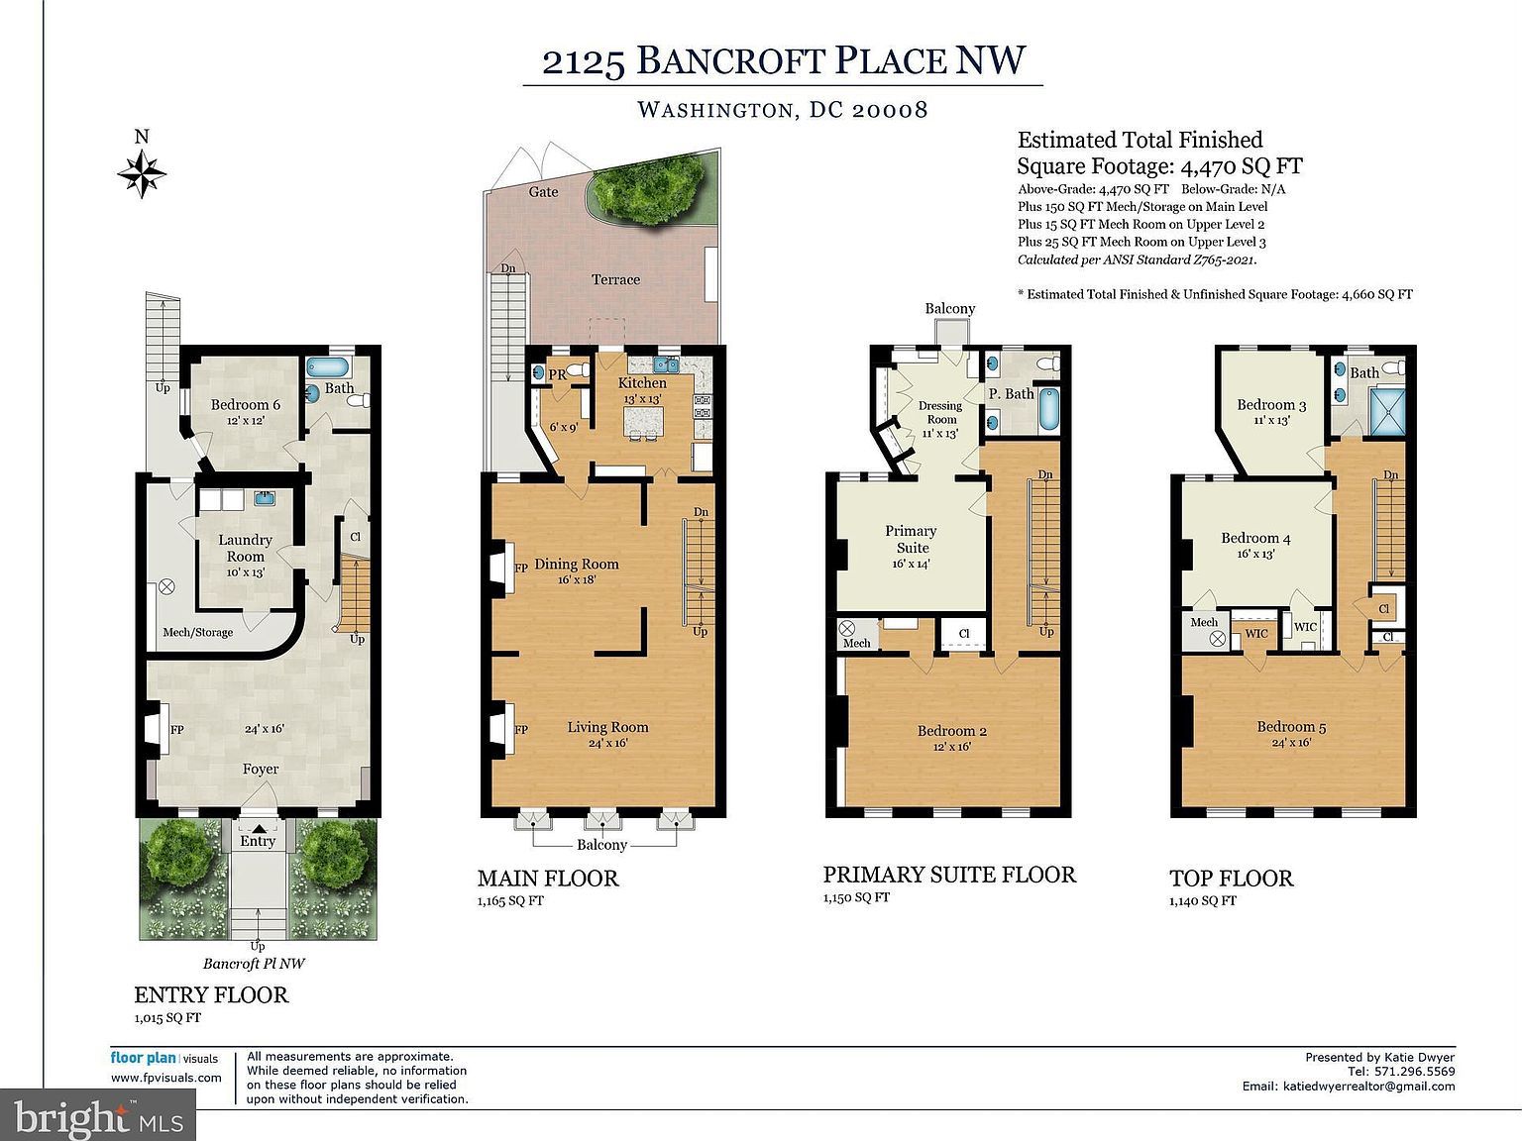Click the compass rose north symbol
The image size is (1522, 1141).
pos(142,174)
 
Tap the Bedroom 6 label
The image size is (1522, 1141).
pos(245,404)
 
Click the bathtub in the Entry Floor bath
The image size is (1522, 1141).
pos(328,367)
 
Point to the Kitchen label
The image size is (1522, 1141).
pos(642,383)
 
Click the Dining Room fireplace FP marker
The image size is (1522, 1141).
pos(520,569)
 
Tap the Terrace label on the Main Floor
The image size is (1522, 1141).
pos(615,279)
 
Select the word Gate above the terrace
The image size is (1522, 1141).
pos(543,191)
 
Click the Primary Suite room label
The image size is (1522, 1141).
pos(912,539)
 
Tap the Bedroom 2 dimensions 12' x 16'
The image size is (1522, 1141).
pos(951,747)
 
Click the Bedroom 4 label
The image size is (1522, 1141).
pos(1255,538)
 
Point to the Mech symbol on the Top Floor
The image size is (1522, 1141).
pos(1218,639)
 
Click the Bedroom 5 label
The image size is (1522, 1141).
pos(1291,726)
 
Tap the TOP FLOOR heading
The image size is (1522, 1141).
pos(1231,879)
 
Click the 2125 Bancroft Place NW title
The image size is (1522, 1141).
pos(783,60)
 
